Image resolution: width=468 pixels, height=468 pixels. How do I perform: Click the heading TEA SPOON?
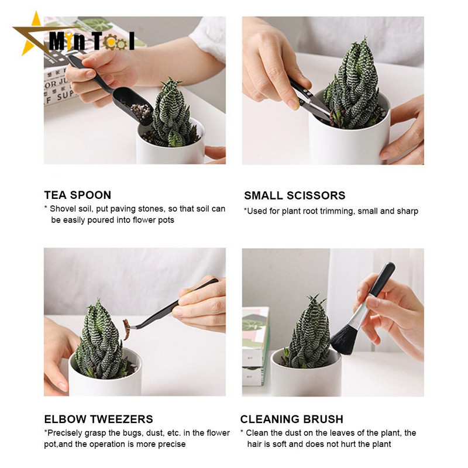point(78,195)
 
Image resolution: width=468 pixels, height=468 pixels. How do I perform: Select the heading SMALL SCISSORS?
point(295,195)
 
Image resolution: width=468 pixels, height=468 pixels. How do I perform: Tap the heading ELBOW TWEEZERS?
point(98,419)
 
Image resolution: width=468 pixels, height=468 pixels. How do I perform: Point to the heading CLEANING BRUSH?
point(291,419)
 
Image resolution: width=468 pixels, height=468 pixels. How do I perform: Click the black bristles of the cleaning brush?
point(344,339)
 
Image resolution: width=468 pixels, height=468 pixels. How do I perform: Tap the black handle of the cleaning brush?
point(382,279)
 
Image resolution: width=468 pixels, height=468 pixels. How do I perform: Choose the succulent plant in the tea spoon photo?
point(171,113)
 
